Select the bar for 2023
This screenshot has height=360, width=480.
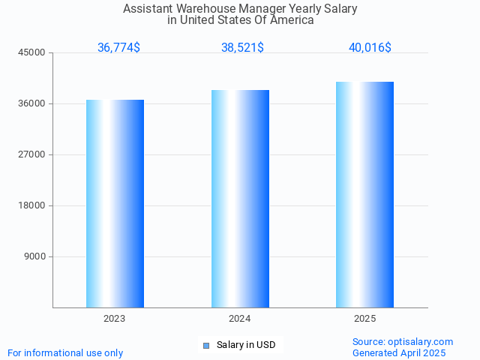click(115, 203)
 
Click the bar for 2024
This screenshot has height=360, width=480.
click(240, 199)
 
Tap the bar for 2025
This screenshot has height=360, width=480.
click(364, 194)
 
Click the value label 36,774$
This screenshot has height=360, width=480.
click(118, 47)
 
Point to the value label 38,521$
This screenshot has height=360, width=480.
click(242, 47)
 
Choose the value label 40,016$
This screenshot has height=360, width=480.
click(370, 47)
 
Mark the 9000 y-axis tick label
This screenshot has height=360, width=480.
click(35, 256)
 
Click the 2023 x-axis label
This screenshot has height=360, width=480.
click(115, 319)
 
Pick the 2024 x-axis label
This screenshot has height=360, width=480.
click(240, 319)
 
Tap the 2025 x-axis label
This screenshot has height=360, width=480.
click(364, 319)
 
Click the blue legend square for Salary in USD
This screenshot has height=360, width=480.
click(206, 345)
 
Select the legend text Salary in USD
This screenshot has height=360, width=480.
click(246, 345)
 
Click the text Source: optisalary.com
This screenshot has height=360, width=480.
click(403, 341)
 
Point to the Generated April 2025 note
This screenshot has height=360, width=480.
click(399, 352)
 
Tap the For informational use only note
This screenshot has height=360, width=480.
click(65, 352)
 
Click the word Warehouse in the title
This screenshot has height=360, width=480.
click(202, 9)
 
